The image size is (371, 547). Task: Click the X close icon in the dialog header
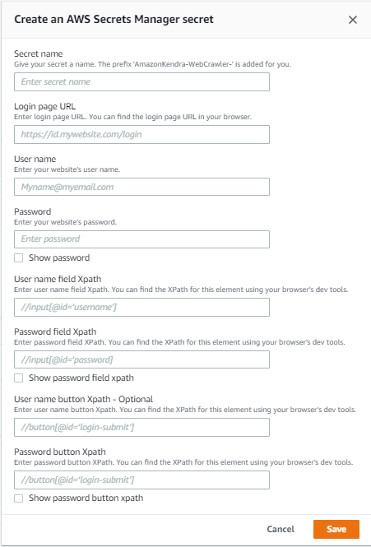coord(353,20)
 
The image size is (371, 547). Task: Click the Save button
coord(336,529)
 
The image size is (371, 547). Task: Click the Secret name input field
coord(142,82)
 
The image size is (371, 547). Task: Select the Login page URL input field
coord(142,134)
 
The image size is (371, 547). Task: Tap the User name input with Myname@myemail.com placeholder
coord(142,187)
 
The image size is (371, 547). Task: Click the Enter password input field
coord(142,239)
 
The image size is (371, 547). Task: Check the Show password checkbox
coord(19,257)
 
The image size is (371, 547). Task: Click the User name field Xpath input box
coord(142,308)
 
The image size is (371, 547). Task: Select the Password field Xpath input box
coord(142,359)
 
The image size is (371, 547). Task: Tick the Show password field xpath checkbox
coord(19,378)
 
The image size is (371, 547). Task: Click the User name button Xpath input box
coord(142,428)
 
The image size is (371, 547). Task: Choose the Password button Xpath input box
coord(142,480)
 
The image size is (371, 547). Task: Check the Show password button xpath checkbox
coord(19,498)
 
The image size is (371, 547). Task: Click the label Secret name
coord(39,54)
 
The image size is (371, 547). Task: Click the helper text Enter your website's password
coord(66,222)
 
